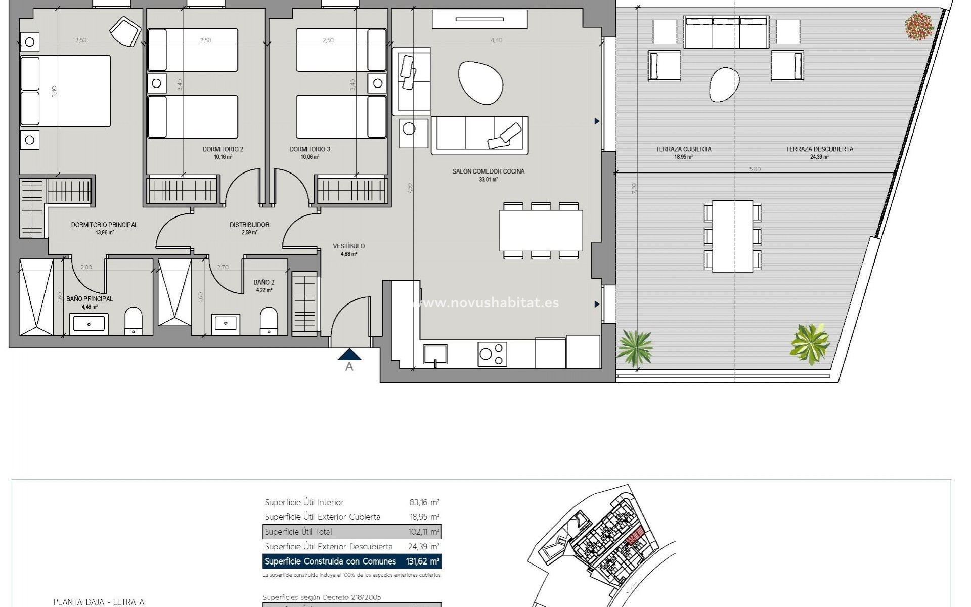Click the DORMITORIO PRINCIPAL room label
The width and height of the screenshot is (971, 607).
pyautogui.click(x=104, y=225)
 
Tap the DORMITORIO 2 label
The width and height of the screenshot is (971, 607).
pyautogui.click(x=223, y=149)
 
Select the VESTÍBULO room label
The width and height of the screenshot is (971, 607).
pyautogui.click(x=348, y=246)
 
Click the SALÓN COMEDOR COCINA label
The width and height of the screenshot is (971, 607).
pyautogui.click(x=488, y=171)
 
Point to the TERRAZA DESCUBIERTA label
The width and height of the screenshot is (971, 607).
pyautogui.click(x=819, y=149)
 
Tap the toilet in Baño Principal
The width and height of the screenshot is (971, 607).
pyautogui.click(x=134, y=321)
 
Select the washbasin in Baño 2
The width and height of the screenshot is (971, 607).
pyautogui.click(x=226, y=322)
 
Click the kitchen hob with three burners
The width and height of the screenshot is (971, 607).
pyautogui.click(x=492, y=354)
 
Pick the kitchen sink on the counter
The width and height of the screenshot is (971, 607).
pyautogui.click(x=435, y=354)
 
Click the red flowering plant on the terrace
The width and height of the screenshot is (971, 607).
pyautogui.click(x=919, y=25)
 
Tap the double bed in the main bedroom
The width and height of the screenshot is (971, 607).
pyautogui.click(x=65, y=91)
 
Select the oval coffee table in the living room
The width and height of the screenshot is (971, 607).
pyautogui.click(x=480, y=82)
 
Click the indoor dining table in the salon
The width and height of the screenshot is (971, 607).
pyautogui.click(x=541, y=230)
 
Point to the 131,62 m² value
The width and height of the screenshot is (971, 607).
pyautogui.click(x=423, y=561)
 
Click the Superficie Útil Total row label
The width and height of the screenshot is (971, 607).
pyautogui.click(x=298, y=532)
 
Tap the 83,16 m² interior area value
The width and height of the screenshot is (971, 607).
pyautogui.click(x=424, y=502)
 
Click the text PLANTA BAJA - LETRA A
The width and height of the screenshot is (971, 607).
pyautogui.click(x=99, y=602)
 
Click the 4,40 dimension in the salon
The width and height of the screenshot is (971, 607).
pyautogui.click(x=496, y=40)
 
